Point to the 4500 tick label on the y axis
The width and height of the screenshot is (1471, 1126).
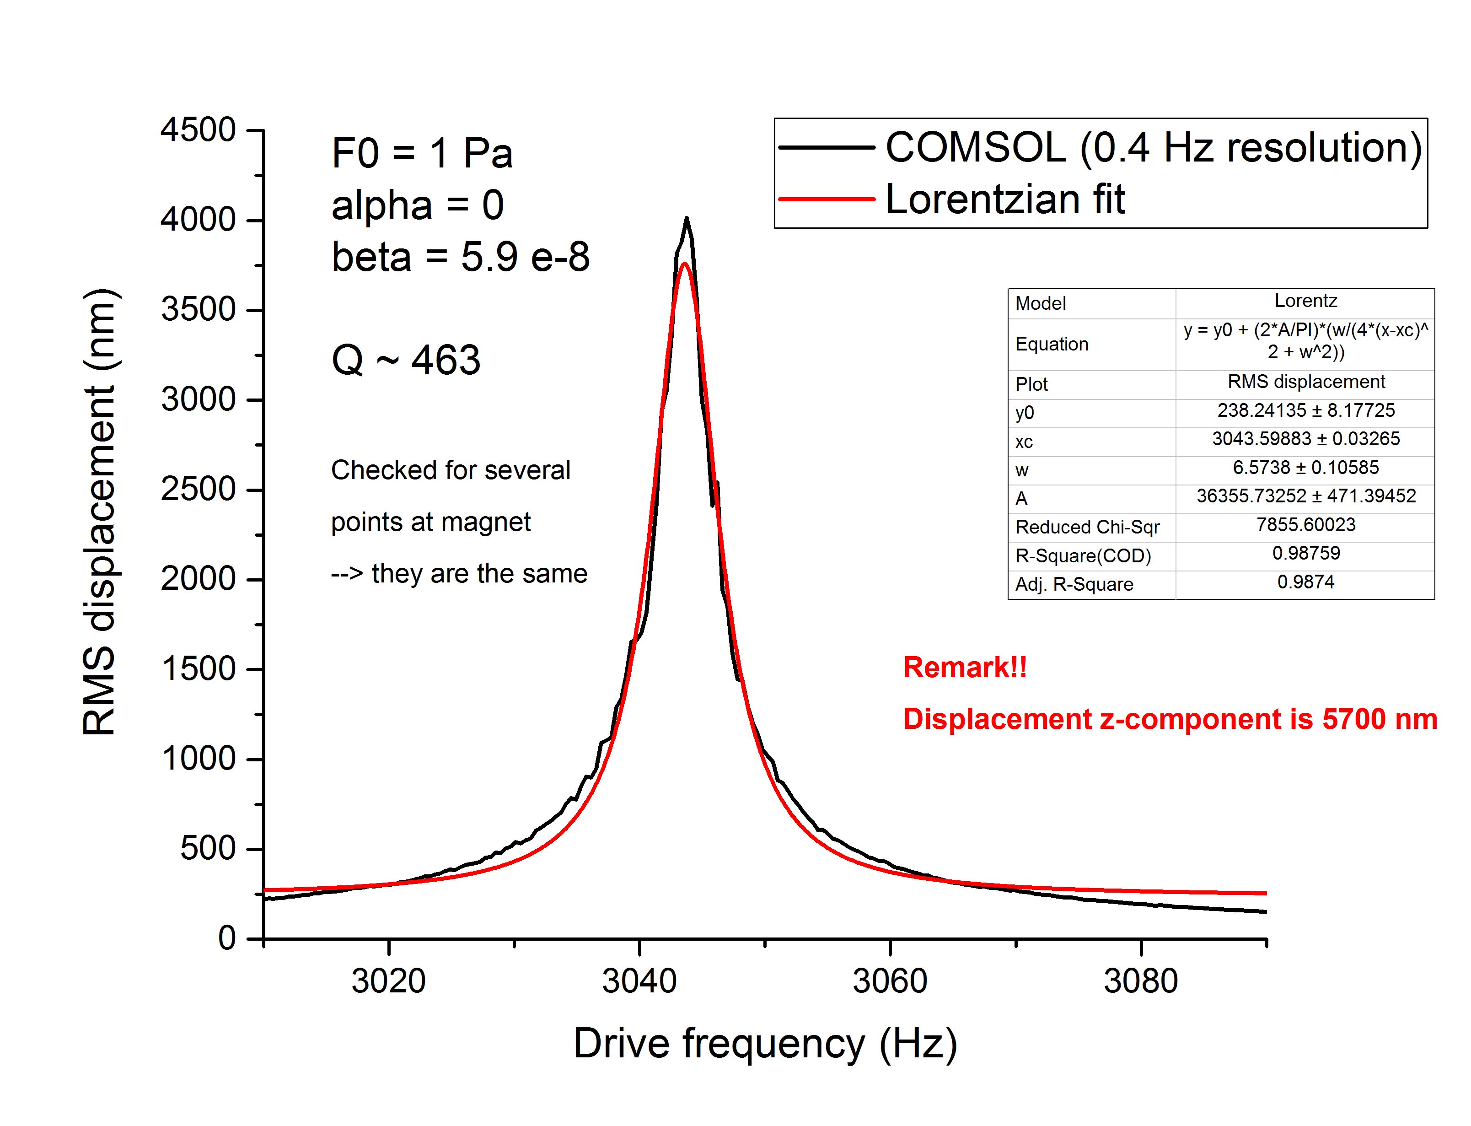coord(198,129)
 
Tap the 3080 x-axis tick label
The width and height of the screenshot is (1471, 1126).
coord(1140,981)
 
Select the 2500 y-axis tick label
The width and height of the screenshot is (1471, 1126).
coord(198,489)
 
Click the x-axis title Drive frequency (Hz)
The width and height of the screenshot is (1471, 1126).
coord(764,1044)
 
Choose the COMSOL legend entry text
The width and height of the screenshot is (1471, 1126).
coord(1153,147)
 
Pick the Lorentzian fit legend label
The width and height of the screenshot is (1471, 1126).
coord(1005,200)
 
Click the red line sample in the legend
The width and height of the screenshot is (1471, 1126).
coord(826,199)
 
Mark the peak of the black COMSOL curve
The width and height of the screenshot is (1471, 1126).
coord(687,219)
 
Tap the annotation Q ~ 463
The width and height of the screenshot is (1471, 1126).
coord(406,360)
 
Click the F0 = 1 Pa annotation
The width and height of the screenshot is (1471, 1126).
coord(422,153)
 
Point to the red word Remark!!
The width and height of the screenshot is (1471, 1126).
coord(965,667)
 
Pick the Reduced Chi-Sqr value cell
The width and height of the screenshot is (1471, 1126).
coord(1305,525)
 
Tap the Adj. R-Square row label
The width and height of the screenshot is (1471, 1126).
coord(1074,584)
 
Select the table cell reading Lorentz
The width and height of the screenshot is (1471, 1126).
coord(1305,301)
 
